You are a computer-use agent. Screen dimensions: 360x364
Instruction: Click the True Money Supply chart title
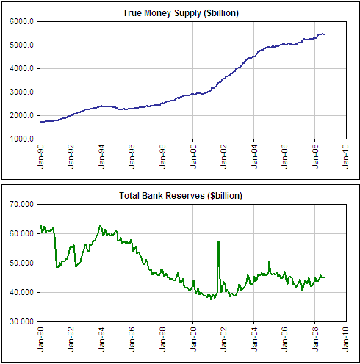tap(181, 13)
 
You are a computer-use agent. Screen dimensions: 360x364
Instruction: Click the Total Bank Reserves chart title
tap(181, 196)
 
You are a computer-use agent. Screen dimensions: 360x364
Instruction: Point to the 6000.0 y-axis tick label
tap(21, 21)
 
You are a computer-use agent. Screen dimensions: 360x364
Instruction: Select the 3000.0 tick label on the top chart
tap(21, 92)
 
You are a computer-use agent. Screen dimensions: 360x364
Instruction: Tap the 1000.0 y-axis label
tap(21, 139)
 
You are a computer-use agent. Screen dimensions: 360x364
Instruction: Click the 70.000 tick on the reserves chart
tap(21, 204)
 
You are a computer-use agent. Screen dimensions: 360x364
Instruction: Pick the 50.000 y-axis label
tap(21, 263)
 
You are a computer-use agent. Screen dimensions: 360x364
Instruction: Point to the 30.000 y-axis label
tap(21, 321)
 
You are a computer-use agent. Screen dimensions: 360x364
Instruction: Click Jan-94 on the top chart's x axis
tap(101, 156)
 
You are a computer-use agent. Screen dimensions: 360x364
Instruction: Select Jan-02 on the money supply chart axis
tap(223, 156)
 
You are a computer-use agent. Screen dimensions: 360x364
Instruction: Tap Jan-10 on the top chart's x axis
tap(345, 156)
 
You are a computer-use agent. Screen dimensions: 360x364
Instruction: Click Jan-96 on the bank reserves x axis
tap(132, 339)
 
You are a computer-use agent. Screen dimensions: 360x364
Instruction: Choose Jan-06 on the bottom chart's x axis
tap(284, 339)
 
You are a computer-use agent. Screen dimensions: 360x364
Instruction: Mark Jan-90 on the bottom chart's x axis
tap(40, 339)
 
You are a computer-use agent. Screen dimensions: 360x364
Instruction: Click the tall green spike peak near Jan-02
tap(218, 241)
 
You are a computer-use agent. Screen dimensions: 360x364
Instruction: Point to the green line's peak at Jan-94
tap(100, 226)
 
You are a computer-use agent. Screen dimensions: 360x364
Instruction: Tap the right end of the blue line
tap(324, 34)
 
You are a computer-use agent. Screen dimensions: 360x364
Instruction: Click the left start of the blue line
tap(40, 122)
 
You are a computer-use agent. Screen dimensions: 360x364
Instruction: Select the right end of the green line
tap(324, 277)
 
